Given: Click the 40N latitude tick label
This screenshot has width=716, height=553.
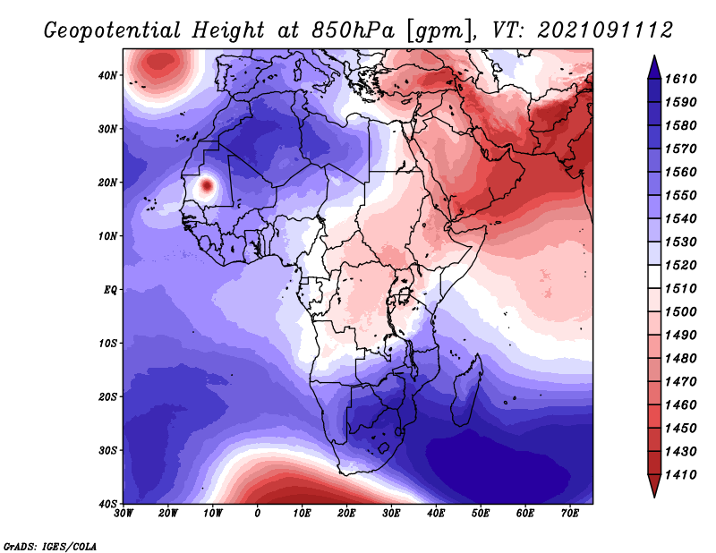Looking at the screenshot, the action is (x=107, y=75).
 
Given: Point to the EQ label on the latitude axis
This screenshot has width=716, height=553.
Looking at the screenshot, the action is (x=110, y=290).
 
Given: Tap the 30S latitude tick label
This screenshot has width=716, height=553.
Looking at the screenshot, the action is (x=107, y=451).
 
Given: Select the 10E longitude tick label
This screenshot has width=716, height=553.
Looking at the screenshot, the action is (x=302, y=514).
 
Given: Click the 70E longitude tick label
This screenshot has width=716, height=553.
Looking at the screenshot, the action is (x=570, y=514).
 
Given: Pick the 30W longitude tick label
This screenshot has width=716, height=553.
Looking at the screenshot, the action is (x=124, y=514).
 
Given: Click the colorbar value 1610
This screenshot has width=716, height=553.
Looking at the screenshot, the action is (x=680, y=79).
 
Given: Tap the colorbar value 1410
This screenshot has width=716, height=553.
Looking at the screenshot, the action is (x=680, y=475).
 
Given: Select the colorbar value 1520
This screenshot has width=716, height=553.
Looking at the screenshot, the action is (x=680, y=265).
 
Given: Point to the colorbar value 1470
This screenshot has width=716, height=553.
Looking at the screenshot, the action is (x=680, y=382).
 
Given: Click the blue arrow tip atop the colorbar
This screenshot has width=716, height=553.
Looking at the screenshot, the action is (x=654, y=56).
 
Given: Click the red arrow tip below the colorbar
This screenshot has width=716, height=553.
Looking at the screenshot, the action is (x=654, y=496).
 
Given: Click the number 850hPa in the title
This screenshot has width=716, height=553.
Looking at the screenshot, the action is (x=353, y=30).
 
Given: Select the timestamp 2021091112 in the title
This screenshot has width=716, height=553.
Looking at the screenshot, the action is (x=605, y=30).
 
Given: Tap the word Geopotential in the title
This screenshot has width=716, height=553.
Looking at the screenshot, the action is (x=113, y=31).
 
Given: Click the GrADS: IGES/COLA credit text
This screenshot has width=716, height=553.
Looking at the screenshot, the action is (x=50, y=547).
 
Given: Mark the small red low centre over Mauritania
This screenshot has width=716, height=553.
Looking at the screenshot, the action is (x=207, y=185).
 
